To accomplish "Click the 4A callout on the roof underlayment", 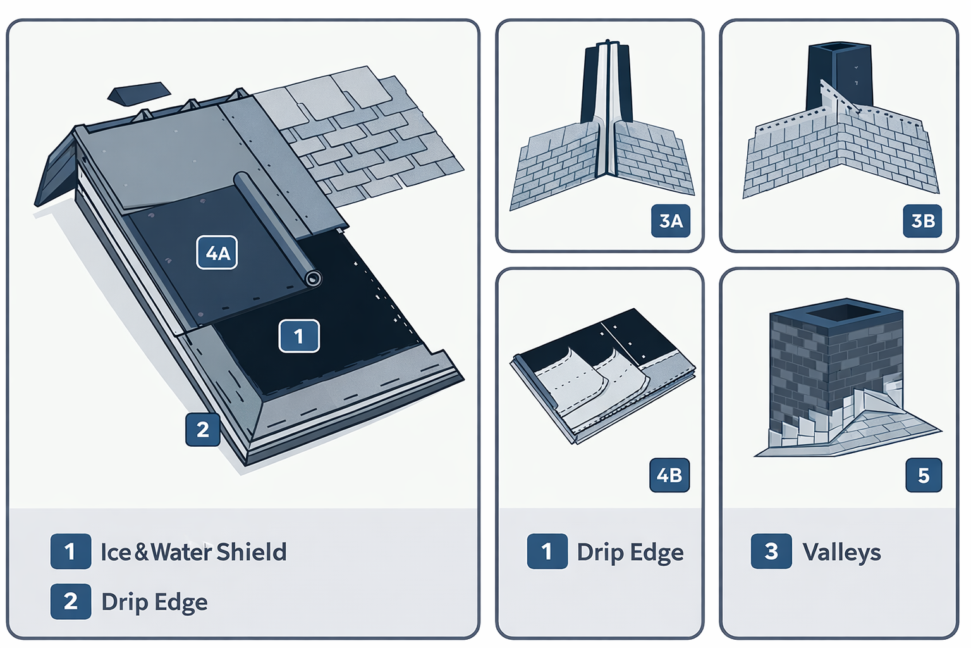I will [x=217, y=252].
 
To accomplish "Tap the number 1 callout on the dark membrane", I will [x=299, y=336].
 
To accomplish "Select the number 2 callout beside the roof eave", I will [x=202, y=430].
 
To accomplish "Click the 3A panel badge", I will [x=671, y=221].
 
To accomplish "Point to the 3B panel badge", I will [x=923, y=221].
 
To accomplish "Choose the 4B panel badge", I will [x=669, y=475].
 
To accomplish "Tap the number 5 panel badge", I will [x=923, y=475].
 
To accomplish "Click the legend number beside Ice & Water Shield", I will [x=70, y=551].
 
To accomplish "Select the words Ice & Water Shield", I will [x=193, y=552].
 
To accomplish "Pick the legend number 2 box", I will [x=70, y=601].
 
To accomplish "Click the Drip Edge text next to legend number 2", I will [x=154, y=602].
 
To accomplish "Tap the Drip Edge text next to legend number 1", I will [x=630, y=552].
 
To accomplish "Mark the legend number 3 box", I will [x=771, y=551].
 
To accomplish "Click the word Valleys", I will [x=841, y=552].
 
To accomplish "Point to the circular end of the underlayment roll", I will [x=312, y=278].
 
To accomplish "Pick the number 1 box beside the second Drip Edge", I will [x=547, y=551].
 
